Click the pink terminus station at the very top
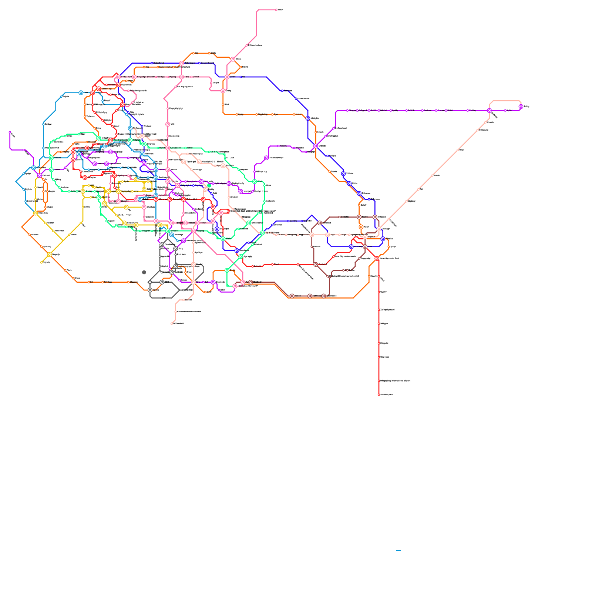pos(276,10)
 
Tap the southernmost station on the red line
pos(379,394)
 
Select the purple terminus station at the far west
pos(10,132)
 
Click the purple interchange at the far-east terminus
pos(521,107)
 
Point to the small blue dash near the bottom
pos(398,551)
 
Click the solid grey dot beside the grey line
pos(144,272)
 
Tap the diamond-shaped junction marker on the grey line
pos(150,282)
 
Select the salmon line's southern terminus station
pos(172,324)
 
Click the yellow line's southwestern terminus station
pos(41,262)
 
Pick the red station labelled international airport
pos(379,381)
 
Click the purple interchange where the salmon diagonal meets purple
pos(489,110)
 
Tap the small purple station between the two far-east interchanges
pos(505,110)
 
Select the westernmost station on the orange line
pos(22,227)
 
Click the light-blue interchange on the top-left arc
pos(81,92)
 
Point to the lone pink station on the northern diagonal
pos(247,46)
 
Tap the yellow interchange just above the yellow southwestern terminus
pos(49,255)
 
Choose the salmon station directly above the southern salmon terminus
pos(175,312)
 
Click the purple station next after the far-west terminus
pos(24,150)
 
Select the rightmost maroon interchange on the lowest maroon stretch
pos(323,296)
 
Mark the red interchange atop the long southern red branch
pos(377,258)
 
